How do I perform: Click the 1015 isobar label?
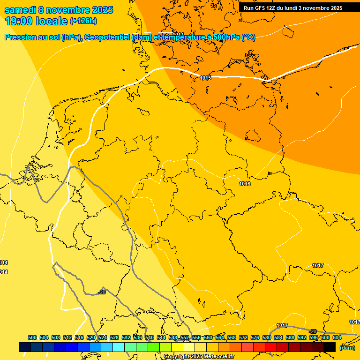(205, 78)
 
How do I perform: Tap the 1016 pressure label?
(244, 184)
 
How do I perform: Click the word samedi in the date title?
(21, 10)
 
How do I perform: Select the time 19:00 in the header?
(19, 21)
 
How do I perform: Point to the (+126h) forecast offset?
(83, 21)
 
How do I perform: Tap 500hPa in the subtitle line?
(224, 37)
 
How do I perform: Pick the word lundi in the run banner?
(292, 8)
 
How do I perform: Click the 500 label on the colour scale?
(32, 337)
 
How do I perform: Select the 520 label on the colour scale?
(91, 337)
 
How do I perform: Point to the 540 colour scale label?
(150, 337)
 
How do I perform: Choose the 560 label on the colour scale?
(208, 337)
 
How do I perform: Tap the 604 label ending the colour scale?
(337, 337)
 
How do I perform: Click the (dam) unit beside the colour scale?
(347, 348)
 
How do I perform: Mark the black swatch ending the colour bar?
(330, 347)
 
